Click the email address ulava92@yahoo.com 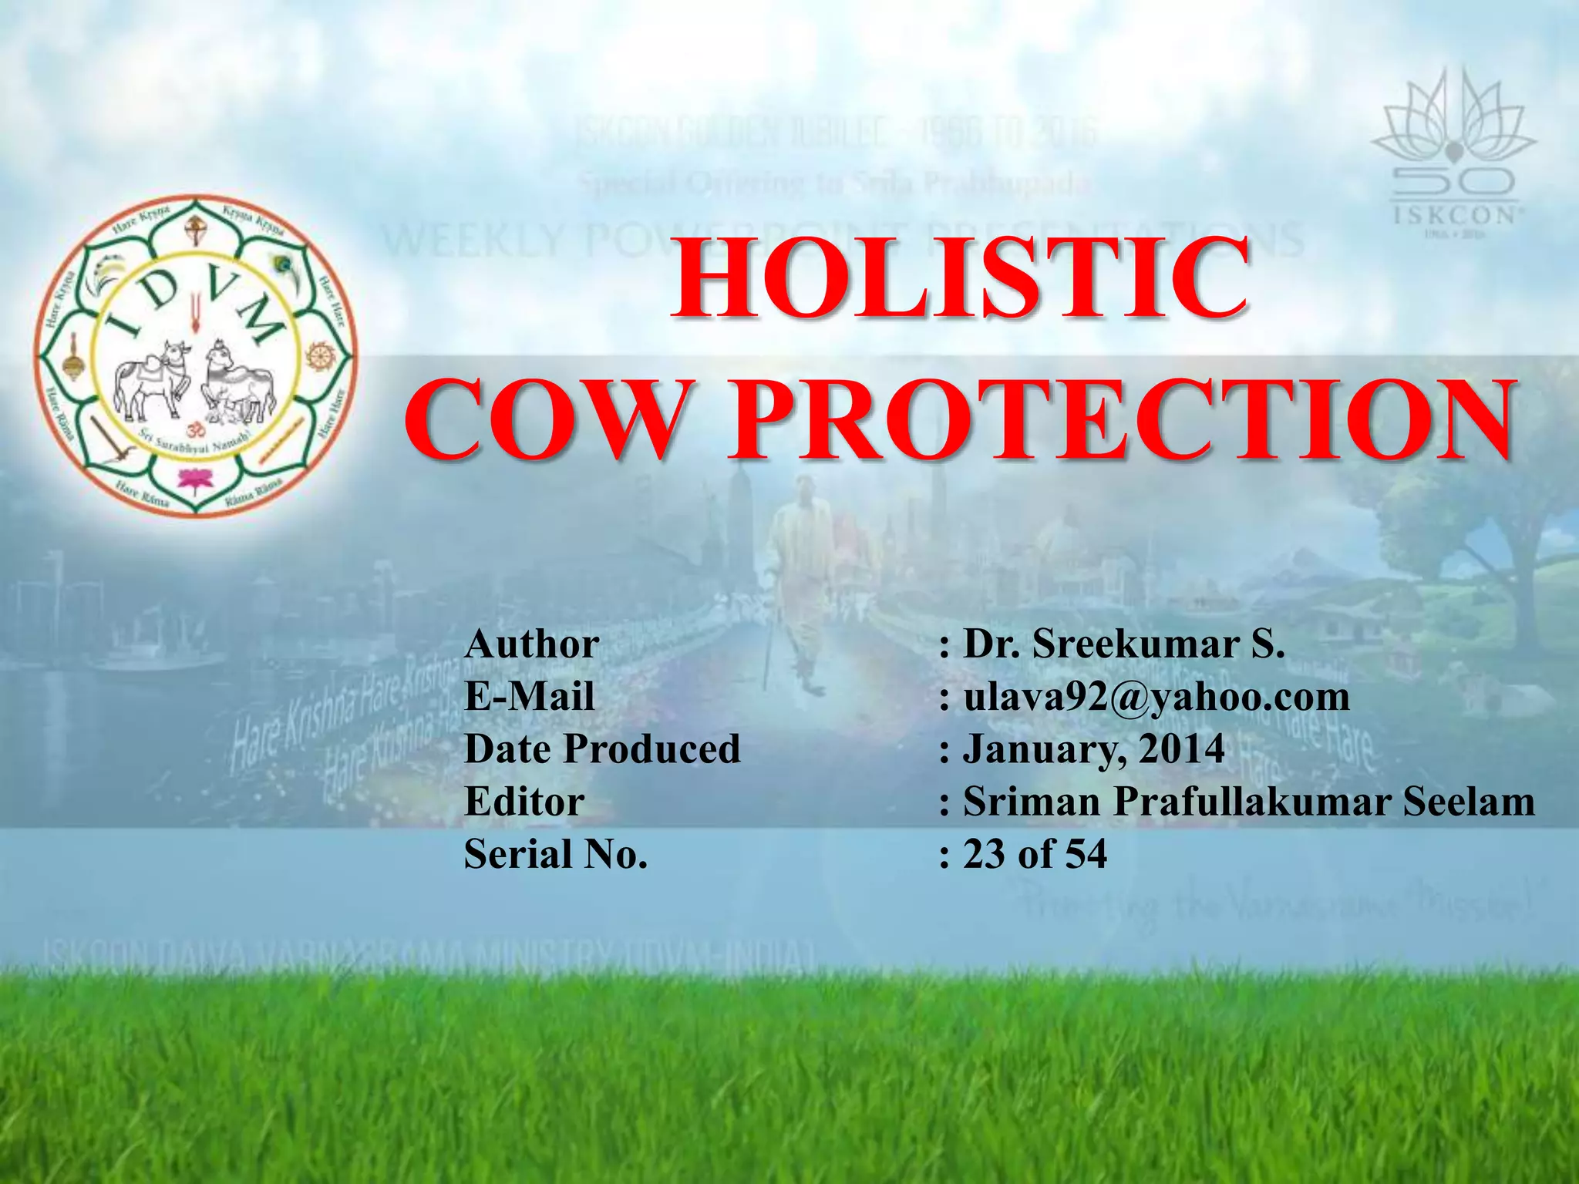click(1156, 696)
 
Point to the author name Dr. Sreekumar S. click(1124, 644)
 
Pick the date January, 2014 click(1093, 748)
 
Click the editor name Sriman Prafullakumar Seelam click(1249, 801)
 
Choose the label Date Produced click(602, 748)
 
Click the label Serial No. click(556, 854)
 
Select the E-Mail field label click(530, 696)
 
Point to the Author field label click(532, 644)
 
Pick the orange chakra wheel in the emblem click(317, 355)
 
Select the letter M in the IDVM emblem click(258, 319)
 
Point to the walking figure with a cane click(798, 594)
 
